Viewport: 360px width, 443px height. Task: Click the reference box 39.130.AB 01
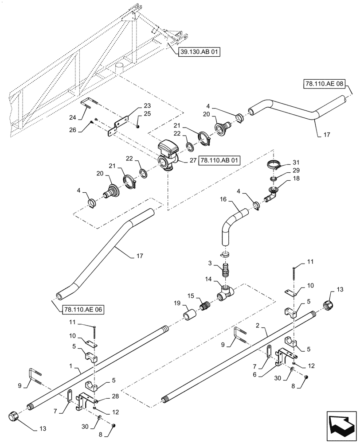pyautogui.click(x=199, y=52)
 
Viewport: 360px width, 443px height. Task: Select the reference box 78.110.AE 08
pyautogui.click(x=324, y=83)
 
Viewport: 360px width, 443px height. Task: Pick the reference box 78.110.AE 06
pyautogui.click(x=79, y=310)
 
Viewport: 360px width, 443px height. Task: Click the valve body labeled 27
pyautogui.click(x=167, y=154)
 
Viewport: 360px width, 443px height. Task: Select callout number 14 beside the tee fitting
pyautogui.click(x=207, y=280)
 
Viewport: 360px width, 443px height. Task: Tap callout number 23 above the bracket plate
pyautogui.click(x=147, y=105)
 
